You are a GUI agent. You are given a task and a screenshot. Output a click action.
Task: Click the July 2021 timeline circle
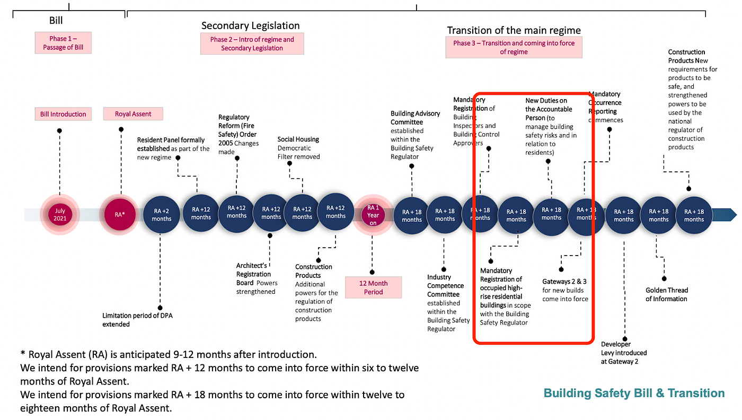60,215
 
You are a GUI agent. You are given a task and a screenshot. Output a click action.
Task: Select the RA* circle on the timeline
120,215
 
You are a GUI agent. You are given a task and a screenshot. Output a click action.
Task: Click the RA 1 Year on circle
373,215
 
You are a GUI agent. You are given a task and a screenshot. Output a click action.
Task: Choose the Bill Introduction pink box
63,114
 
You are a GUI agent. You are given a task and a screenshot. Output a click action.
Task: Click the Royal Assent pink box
133,114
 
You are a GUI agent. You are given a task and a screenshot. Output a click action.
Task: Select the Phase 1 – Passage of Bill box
63,43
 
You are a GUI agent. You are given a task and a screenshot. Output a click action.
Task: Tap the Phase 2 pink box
252,43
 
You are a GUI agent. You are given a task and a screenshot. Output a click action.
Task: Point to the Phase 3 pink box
514,47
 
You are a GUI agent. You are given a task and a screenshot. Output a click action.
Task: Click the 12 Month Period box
373,287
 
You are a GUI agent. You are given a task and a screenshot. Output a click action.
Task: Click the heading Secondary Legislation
250,25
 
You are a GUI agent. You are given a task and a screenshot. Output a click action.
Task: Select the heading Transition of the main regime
514,30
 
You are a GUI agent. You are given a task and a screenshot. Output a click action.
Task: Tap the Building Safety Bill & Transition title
634,393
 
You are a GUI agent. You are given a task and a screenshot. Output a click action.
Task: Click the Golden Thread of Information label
666,294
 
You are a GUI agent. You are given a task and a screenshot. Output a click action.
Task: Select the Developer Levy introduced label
624,353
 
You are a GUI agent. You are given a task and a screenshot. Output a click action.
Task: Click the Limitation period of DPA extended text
137,320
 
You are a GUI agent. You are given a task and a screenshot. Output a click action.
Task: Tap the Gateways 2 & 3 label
565,290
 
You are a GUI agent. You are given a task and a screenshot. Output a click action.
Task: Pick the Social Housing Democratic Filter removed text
298,148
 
